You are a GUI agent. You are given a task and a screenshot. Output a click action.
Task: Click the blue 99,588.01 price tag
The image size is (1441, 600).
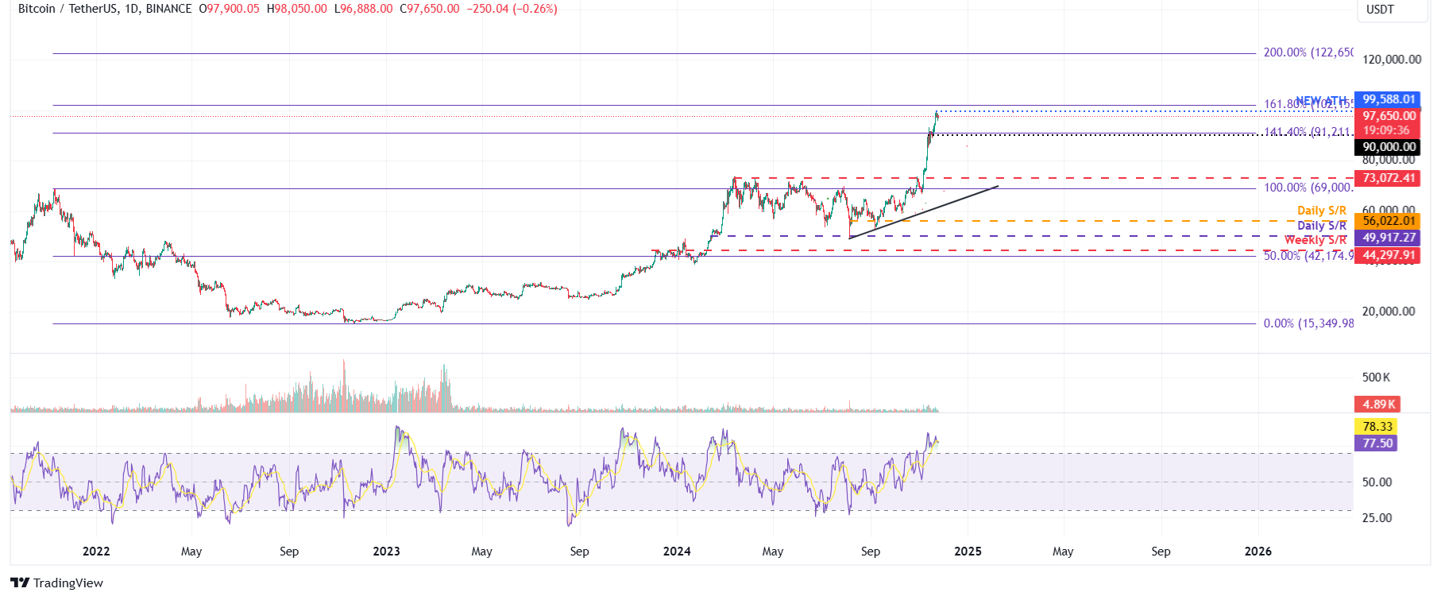pyautogui.click(x=1388, y=99)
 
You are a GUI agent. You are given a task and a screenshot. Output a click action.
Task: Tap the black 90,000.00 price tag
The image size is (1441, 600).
pyautogui.click(x=1388, y=147)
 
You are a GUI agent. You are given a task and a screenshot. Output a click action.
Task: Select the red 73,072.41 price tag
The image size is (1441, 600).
pyautogui.click(x=1388, y=178)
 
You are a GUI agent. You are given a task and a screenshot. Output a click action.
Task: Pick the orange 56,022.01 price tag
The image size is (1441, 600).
pyautogui.click(x=1388, y=221)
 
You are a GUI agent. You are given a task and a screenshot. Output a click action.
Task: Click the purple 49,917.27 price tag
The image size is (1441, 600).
pyautogui.click(x=1388, y=238)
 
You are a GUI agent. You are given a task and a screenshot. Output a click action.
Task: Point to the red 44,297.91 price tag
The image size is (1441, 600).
pyautogui.click(x=1388, y=255)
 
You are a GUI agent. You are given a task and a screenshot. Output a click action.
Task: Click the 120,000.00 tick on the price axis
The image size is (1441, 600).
pyautogui.click(x=1391, y=60)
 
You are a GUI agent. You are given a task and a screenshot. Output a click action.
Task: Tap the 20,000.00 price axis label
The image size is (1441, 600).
pyautogui.click(x=1388, y=312)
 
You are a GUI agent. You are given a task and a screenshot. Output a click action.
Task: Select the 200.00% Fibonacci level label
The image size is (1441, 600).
pyautogui.click(x=1308, y=52)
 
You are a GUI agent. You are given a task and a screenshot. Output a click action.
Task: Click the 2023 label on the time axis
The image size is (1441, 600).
pyautogui.click(x=386, y=552)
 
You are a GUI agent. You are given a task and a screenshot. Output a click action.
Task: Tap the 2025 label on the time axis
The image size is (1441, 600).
pyautogui.click(x=968, y=552)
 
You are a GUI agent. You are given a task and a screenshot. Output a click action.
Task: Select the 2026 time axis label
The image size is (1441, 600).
pyautogui.click(x=1257, y=552)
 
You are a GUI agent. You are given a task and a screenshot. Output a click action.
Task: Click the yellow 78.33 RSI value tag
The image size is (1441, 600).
pyautogui.click(x=1377, y=427)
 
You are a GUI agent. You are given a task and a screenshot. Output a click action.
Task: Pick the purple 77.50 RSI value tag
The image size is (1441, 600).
pyautogui.click(x=1377, y=443)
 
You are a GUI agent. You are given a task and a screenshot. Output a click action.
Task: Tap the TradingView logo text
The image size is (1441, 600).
pyautogui.click(x=68, y=583)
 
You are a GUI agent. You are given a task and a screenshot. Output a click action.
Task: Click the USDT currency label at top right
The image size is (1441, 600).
pyautogui.click(x=1380, y=10)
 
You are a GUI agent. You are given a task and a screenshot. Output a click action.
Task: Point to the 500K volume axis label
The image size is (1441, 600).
pyautogui.click(x=1376, y=377)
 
